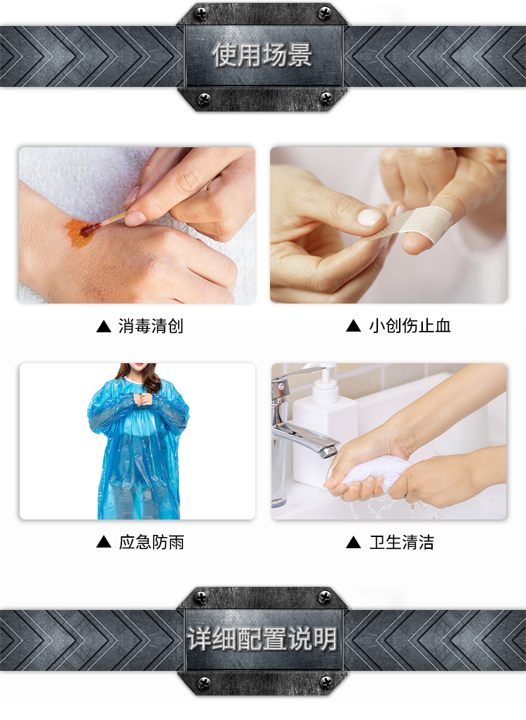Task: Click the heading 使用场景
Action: [262, 55]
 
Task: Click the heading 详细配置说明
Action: [262, 639]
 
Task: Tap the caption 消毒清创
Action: [151, 326]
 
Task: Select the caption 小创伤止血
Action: [410, 325]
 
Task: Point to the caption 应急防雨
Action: [151, 543]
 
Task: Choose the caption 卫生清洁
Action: [402, 543]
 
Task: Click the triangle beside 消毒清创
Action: [104, 327]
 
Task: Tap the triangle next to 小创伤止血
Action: [353, 326]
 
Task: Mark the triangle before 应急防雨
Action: [104, 543]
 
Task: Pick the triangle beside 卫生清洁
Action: [353, 543]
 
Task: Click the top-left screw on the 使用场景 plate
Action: [201, 14]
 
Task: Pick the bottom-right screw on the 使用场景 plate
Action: [325, 98]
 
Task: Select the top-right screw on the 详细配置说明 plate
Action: [325, 597]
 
